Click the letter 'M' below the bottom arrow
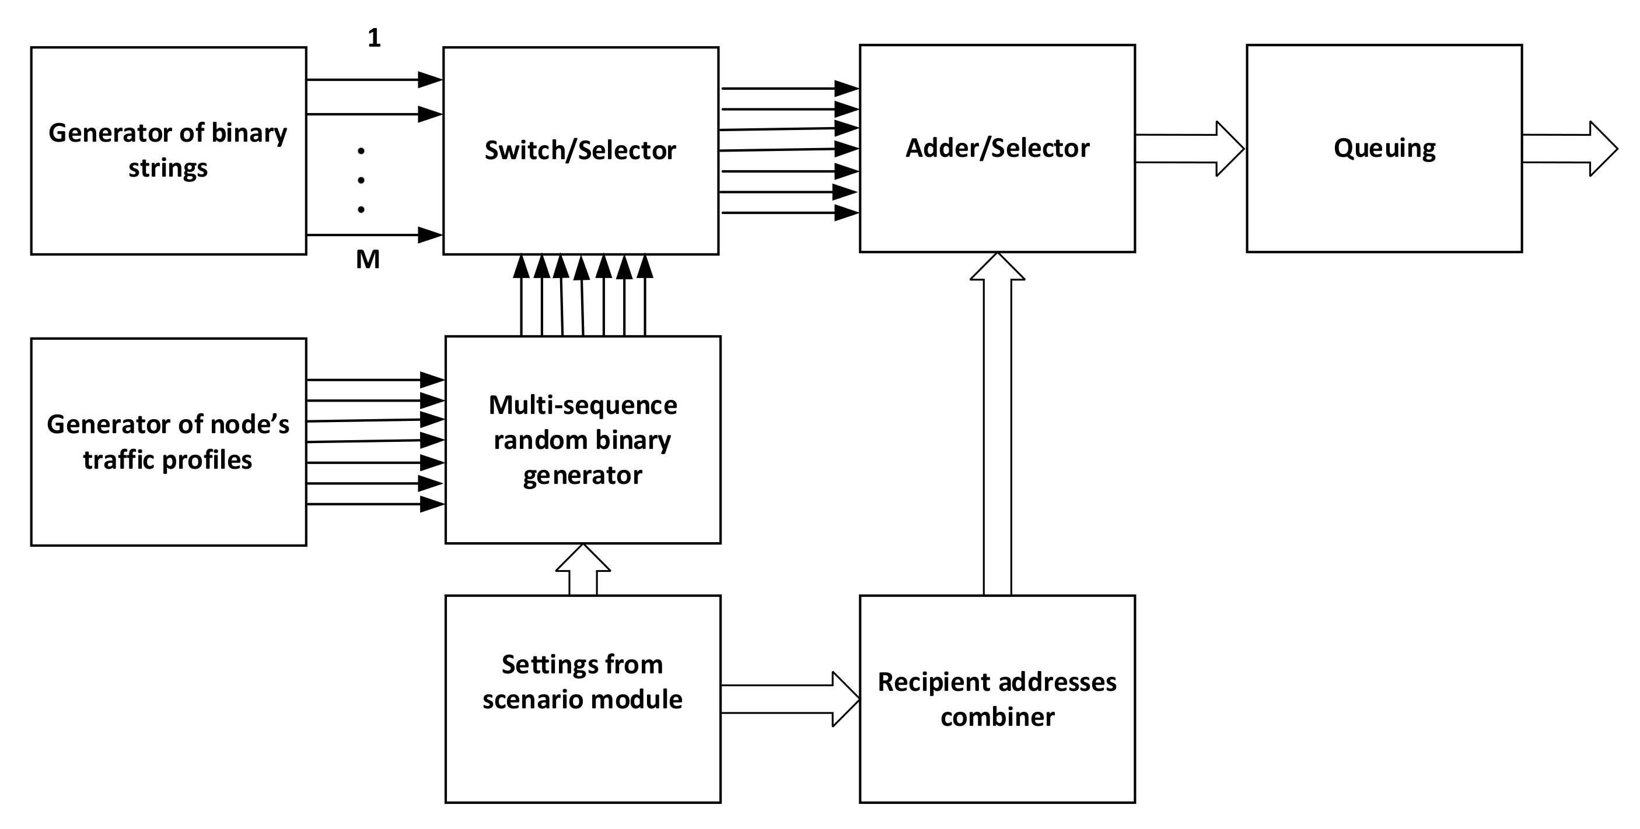368,259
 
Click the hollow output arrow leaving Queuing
1569,149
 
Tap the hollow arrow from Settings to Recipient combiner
789,699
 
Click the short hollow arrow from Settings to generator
582,570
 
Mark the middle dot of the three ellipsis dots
361,180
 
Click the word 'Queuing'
1384,149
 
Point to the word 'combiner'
997,718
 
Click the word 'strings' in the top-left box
168,168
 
